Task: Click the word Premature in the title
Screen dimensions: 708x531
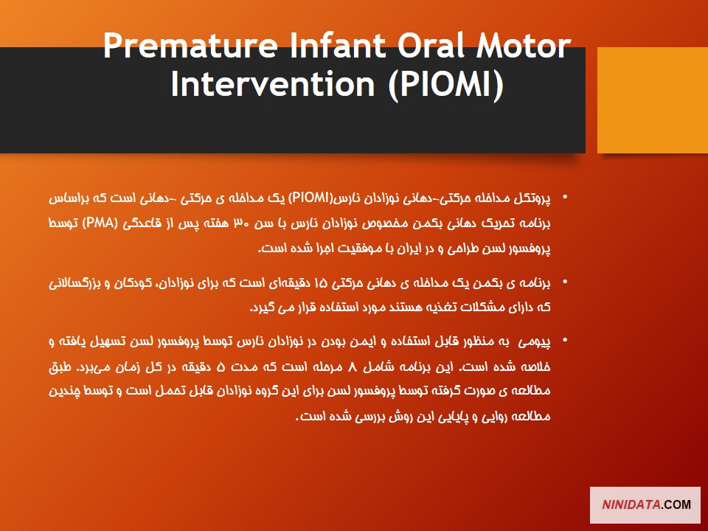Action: [190, 46]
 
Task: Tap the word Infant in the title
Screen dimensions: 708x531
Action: [338, 46]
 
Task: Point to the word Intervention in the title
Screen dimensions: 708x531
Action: [273, 84]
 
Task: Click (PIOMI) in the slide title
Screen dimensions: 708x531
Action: [445, 85]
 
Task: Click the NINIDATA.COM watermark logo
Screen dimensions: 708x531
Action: [646, 504]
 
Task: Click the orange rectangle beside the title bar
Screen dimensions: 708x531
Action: [653, 100]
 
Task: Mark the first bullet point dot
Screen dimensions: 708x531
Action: [565, 197]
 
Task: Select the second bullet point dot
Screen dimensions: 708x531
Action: [565, 282]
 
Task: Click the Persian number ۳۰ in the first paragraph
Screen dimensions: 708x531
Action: [240, 223]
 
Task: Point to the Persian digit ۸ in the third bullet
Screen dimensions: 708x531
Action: [353, 367]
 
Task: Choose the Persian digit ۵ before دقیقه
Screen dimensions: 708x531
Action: [221, 367]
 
